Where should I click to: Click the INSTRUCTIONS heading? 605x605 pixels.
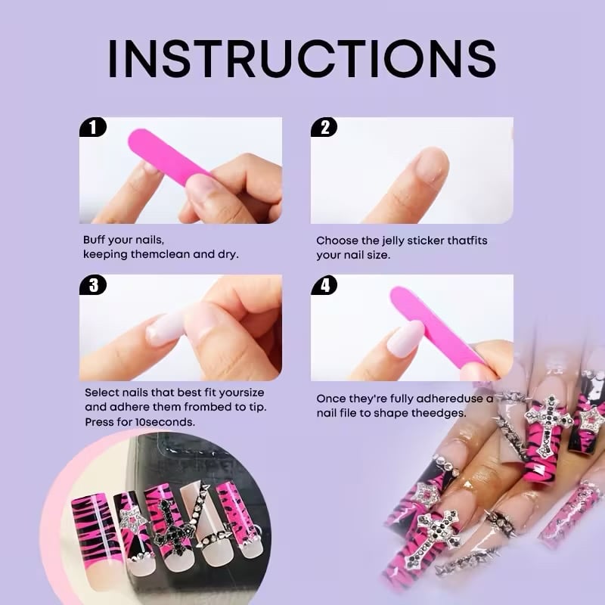(302, 59)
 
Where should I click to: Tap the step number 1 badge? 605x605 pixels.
(92, 127)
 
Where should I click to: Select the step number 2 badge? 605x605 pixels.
(324, 127)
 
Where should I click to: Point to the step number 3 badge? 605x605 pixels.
(93, 285)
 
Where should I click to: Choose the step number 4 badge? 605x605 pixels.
(324, 285)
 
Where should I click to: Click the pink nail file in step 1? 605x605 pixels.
(169, 157)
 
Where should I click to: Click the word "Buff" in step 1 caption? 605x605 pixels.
(94, 240)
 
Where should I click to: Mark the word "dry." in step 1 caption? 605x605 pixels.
(228, 255)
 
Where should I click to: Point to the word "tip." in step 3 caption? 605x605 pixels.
(257, 408)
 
